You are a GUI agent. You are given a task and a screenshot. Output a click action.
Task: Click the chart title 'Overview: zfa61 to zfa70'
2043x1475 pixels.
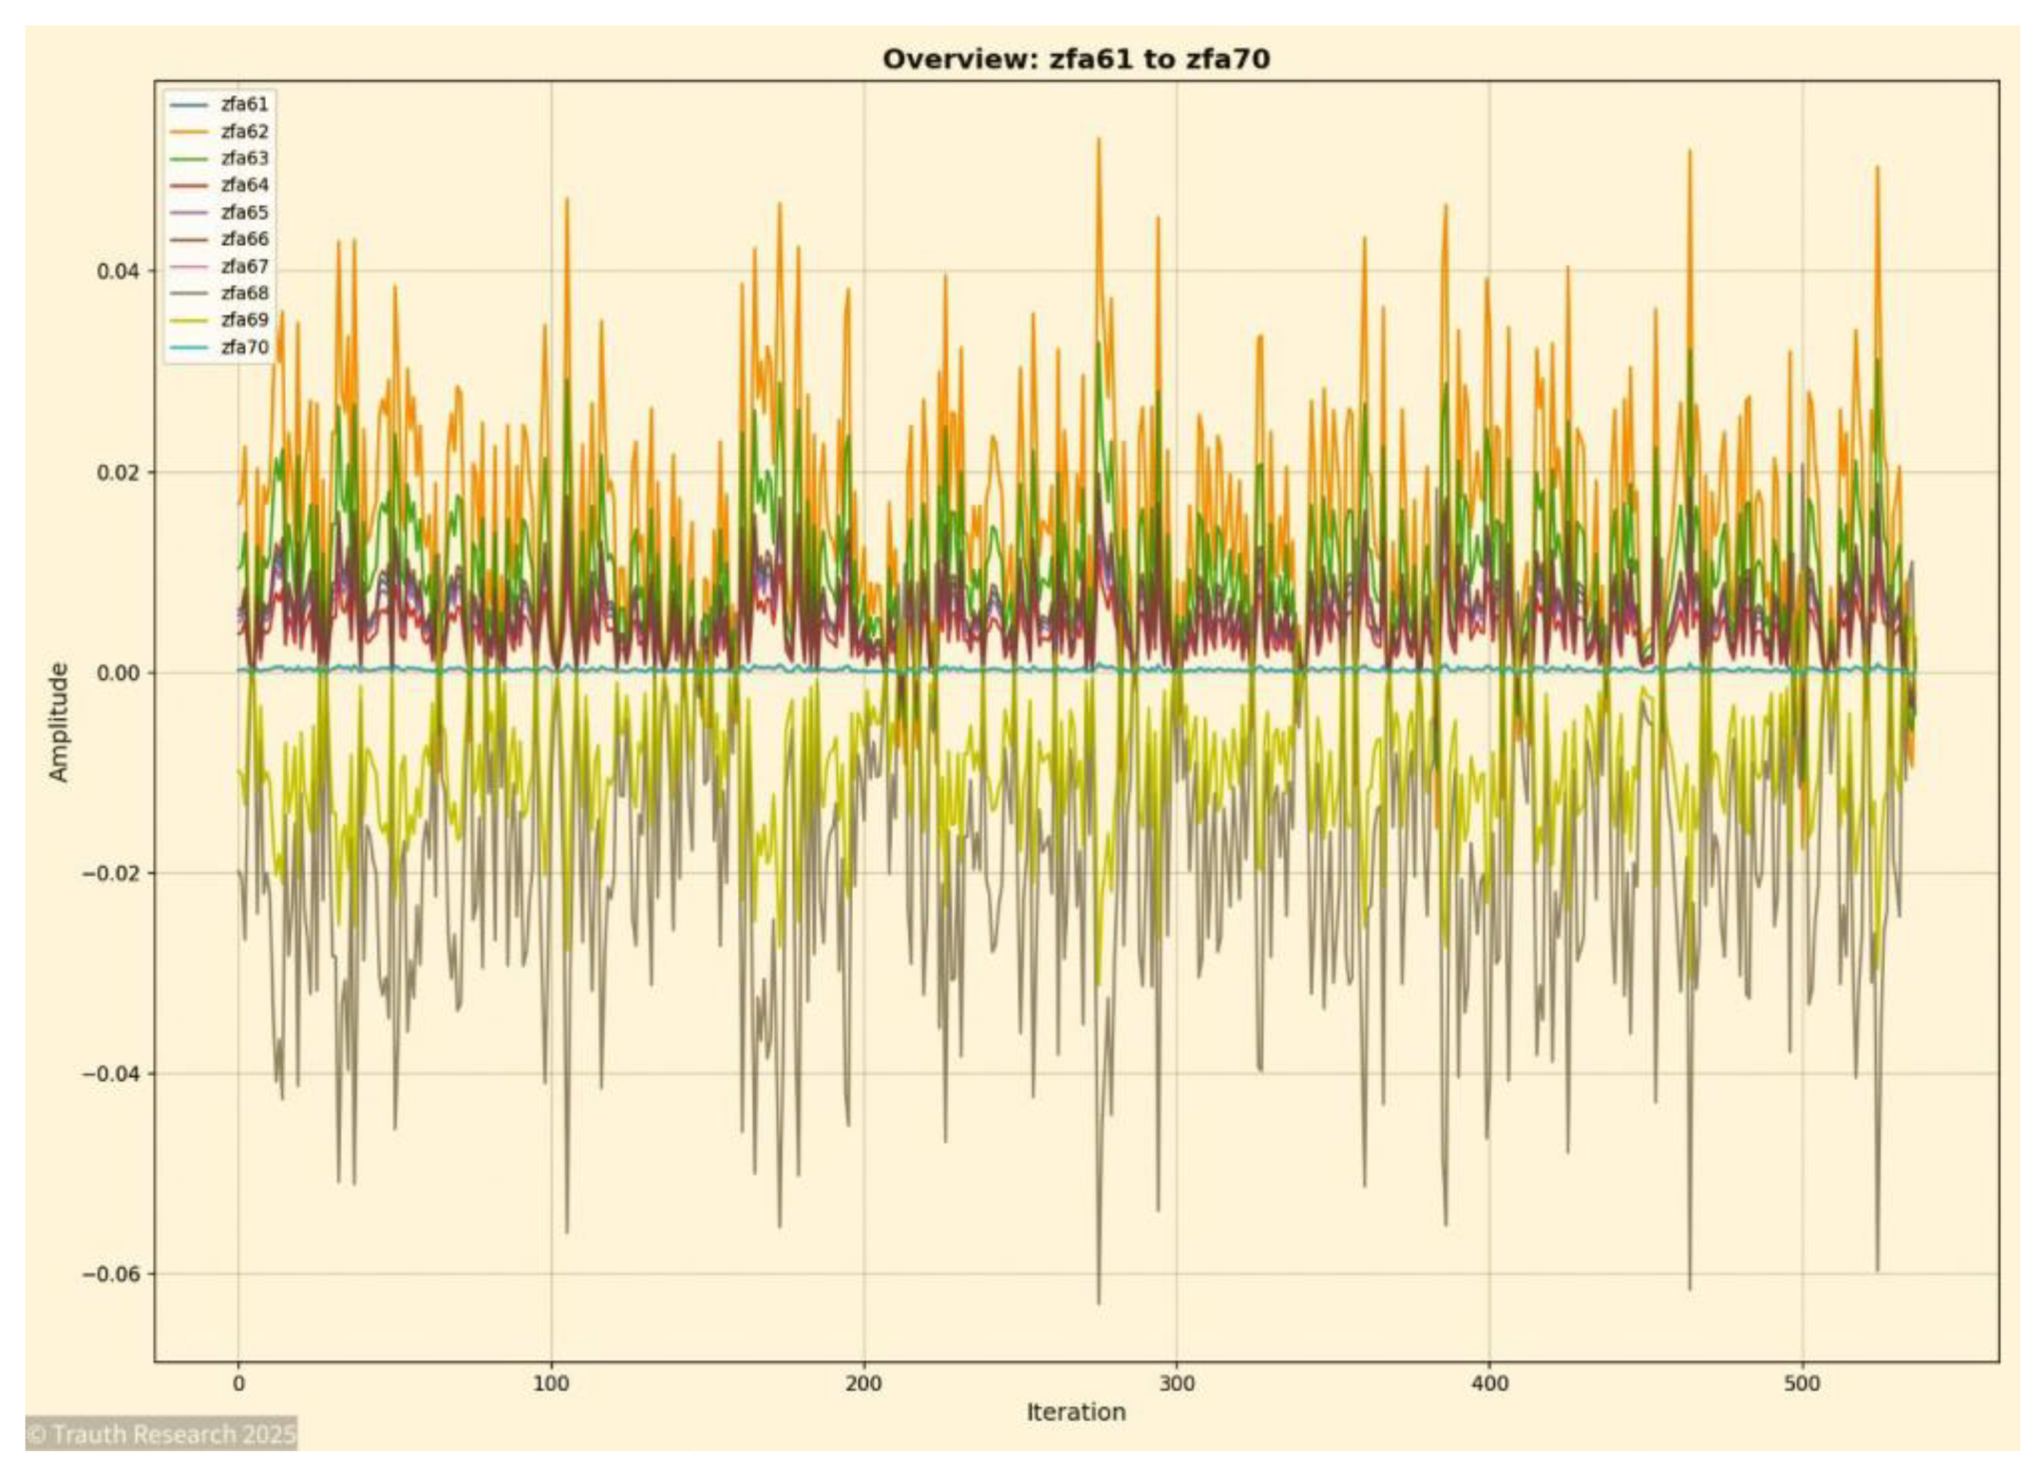click(x=1075, y=59)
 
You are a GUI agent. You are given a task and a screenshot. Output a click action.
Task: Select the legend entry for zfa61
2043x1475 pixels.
click(x=244, y=104)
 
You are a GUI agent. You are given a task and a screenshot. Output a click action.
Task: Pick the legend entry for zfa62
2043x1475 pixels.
click(x=244, y=131)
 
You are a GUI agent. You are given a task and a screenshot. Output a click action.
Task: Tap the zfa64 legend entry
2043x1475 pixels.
click(x=244, y=185)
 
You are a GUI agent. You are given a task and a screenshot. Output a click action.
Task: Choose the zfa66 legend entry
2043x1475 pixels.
click(x=244, y=239)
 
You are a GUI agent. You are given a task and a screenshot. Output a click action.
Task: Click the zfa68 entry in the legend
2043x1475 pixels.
click(x=244, y=293)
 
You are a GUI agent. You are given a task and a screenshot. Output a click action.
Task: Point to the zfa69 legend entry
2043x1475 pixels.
click(x=244, y=320)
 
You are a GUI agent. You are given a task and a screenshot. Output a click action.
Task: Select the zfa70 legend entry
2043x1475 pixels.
click(x=244, y=348)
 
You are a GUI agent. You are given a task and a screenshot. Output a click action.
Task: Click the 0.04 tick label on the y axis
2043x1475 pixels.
click(x=117, y=272)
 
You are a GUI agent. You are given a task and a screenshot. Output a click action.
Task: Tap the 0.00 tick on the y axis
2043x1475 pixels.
click(x=117, y=673)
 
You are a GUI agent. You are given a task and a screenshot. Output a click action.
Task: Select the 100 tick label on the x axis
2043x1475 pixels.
click(x=551, y=1384)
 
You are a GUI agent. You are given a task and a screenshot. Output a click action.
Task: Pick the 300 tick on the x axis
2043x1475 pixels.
click(x=1176, y=1384)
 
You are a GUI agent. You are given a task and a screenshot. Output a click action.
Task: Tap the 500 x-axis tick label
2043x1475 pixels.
click(x=1801, y=1384)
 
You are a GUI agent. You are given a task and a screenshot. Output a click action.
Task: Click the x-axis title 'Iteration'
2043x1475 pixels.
click(x=1075, y=1412)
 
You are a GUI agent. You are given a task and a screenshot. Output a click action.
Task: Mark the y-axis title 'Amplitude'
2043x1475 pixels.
click(x=59, y=722)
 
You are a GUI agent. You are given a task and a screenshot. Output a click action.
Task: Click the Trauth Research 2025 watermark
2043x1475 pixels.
click(x=161, y=1434)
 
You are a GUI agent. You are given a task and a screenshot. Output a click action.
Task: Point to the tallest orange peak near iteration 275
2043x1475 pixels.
click(x=1099, y=140)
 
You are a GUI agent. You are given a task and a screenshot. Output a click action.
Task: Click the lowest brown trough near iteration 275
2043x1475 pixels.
click(x=1099, y=1302)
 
